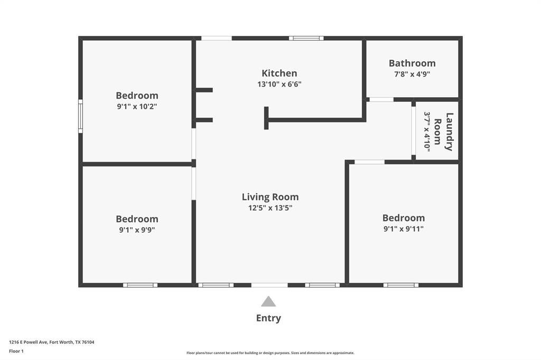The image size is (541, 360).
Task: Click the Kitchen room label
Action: [279, 73]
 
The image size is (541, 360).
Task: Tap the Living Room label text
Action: [270, 197]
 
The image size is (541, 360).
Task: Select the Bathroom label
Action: [412, 63]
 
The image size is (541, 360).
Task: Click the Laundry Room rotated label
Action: [444, 132]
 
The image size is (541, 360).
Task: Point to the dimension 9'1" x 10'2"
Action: [137, 106]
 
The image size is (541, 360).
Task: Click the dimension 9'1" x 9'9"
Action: [137, 230]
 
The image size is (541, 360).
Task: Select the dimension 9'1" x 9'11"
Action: [404, 229]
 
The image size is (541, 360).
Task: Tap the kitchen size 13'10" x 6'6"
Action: [279, 84]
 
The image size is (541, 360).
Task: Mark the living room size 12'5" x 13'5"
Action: [270, 207]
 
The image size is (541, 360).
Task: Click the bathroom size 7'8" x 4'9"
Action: [412, 74]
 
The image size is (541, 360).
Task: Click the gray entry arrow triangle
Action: [268, 302]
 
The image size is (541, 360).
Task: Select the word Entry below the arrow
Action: [268, 318]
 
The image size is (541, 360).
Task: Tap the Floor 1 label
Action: [16, 351]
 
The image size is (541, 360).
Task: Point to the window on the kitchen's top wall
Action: [306, 38]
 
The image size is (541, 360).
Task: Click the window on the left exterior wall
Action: [80, 116]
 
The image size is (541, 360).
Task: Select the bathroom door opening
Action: [381, 99]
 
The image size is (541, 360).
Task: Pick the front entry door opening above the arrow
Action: [269, 285]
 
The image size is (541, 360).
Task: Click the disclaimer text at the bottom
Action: [270, 353]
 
